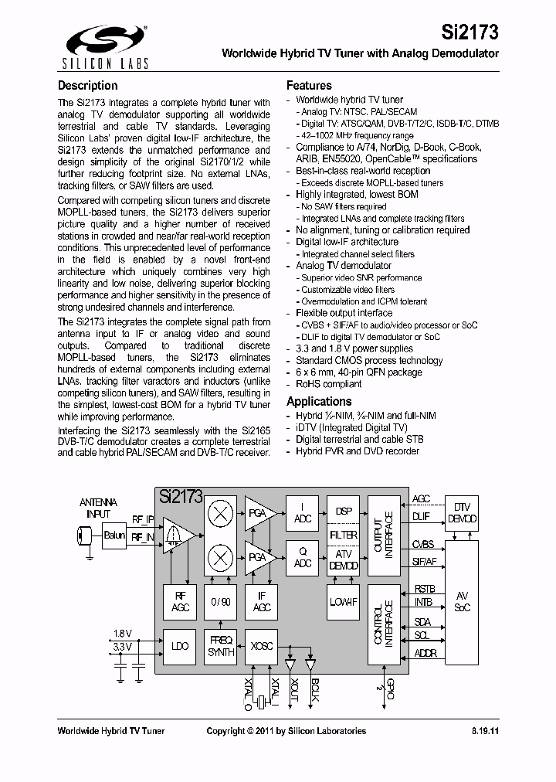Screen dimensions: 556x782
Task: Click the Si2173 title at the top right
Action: pos(470,32)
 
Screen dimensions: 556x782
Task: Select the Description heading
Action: pos(88,86)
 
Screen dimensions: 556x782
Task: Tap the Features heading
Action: pos(309,86)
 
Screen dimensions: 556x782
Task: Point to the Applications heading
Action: pos(319,401)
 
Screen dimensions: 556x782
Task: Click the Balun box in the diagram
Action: pos(114,534)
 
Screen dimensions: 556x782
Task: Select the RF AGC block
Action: pos(179,603)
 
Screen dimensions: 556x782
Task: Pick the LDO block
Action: pos(179,646)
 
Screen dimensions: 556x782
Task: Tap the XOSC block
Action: pos(261,646)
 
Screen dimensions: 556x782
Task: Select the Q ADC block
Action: pos(303,558)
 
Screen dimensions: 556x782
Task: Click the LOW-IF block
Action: pos(344,603)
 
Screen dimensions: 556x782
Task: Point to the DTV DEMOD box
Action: pos(462,513)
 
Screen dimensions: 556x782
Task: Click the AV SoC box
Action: pos(462,602)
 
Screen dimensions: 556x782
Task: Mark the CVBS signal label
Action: pos(422,545)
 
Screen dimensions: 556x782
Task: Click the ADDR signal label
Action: pos(425,654)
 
